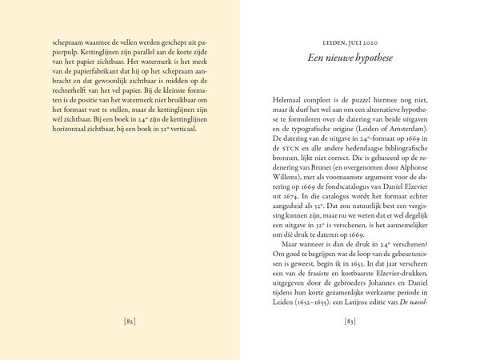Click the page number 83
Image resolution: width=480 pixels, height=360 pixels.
pyautogui.click(x=349, y=322)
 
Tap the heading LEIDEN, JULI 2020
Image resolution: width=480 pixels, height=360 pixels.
pyautogui.click(x=349, y=42)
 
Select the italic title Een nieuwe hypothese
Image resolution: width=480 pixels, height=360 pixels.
pyautogui.click(x=349, y=58)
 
